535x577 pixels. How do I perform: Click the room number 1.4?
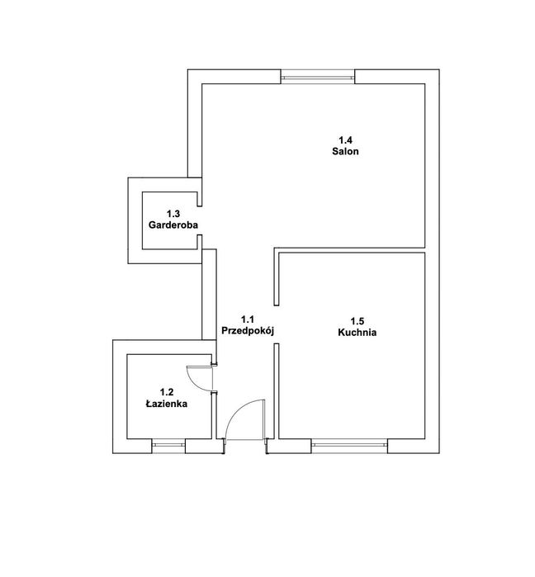[x=345, y=140]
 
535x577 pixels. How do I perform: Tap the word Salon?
[x=345, y=153]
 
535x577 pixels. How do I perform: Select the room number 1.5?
[x=357, y=321]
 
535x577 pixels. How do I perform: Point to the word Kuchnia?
[x=357, y=333]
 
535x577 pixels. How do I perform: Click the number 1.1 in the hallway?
[x=248, y=319]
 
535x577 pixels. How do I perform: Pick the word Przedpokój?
[x=248, y=330]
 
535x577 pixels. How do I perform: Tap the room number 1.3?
[x=173, y=214]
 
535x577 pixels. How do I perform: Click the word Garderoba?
[x=173, y=225]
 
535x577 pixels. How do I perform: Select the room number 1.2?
[x=167, y=393]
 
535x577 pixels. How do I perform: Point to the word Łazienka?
[x=167, y=404]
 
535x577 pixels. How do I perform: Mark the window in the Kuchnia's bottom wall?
[x=350, y=445]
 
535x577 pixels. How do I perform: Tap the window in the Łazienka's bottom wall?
[x=168, y=446]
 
